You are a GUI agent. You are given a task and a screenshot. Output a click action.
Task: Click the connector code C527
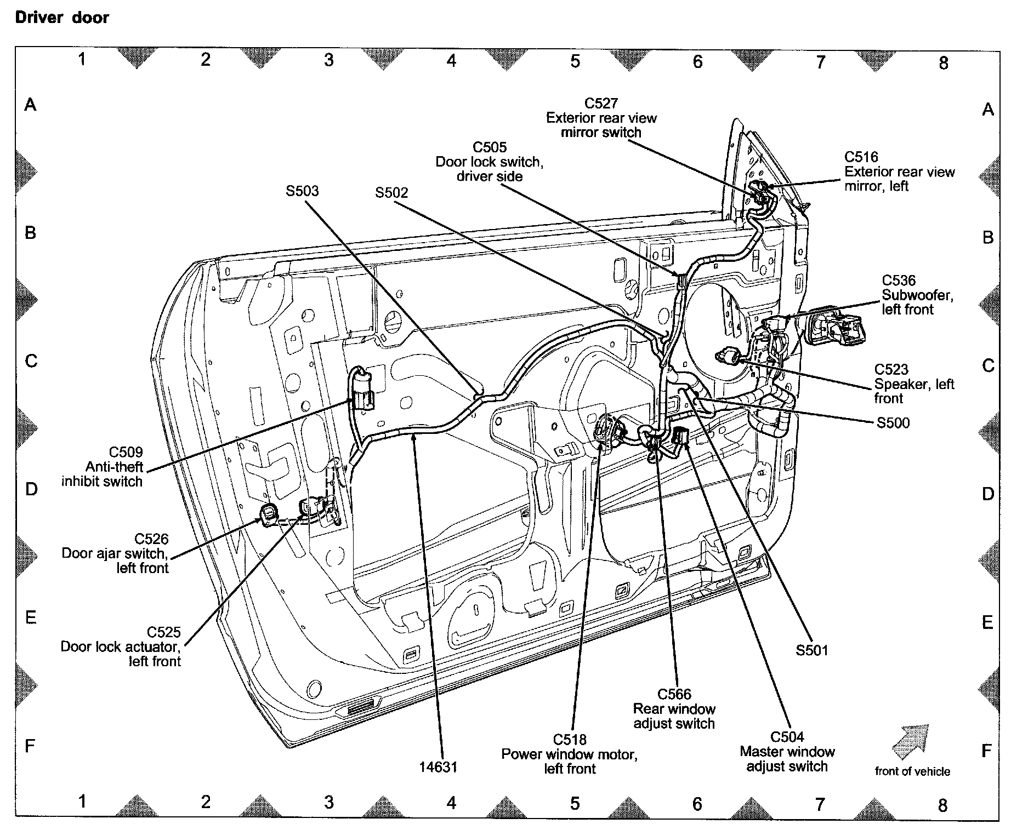(x=601, y=103)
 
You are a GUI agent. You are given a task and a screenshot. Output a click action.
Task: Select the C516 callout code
(x=861, y=157)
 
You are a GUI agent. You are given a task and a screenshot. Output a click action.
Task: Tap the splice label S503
(x=302, y=191)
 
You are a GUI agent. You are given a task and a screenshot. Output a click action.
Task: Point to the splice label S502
(x=391, y=193)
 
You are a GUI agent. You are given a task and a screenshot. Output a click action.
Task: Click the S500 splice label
(x=893, y=422)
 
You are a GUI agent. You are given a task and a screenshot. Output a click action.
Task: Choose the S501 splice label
(x=811, y=650)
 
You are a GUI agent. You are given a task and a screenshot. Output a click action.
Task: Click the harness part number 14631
(x=438, y=767)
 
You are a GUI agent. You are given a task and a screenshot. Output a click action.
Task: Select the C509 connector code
(x=126, y=452)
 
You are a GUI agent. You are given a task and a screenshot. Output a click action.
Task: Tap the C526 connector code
(x=152, y=539)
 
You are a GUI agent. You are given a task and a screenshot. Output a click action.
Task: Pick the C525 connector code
(x=163, y=632)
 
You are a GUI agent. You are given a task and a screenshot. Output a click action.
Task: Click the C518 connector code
(x=570, y=740)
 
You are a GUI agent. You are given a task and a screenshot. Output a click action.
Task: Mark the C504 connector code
(x=787, y=737)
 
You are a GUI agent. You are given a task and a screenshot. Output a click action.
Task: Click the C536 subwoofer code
(x=899, y=281)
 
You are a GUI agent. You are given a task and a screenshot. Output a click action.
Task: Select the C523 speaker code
(x=891, y=369)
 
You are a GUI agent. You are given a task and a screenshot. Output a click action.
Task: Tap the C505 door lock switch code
(x=490, y=147)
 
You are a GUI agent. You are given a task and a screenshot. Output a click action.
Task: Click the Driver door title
(x=62, y=18)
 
